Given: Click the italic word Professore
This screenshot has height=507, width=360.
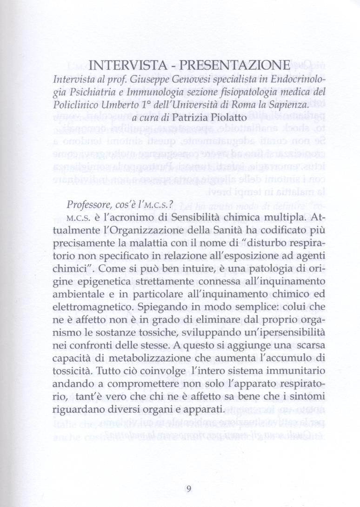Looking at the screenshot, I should (x=91, y=204).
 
